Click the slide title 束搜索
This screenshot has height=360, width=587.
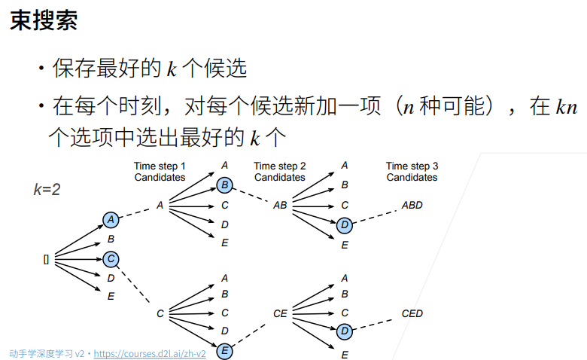pyautogui.click(x=44, y=20)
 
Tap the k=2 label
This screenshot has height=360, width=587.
pyautogui.click(x=47, y=190)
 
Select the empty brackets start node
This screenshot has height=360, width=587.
pyautogui.click(x=46, y=260)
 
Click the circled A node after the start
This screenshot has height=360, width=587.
pyautogui.click(x=111, y=220)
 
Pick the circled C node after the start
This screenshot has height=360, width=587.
pyautogui.click(x=111, y=259)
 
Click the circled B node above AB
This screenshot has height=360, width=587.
pyautogui.click(x=224, y=185)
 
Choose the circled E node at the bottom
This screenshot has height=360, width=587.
pyautogui.click(x=224, y=351)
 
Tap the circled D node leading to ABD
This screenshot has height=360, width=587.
pyautogui.click(x=345, y=225)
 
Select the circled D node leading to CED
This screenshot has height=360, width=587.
pyautogui.click(x=345, y=331)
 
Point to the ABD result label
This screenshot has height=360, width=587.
pyautogui.click(x=412, y=206)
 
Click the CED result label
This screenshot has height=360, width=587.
pyautogui.click(x=412, y=313)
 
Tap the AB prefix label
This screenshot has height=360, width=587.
pyautogui.click(x=280, y=206)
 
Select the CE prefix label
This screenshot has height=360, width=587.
pyautogui.click(x=280, y=313)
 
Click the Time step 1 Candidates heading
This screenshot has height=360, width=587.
pyautogui.click(x=160, y=172)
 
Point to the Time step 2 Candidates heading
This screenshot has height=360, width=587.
pyautogui.click(x=280, y=172)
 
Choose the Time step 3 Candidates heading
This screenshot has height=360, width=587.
pyautogui.click(x=412, y=172)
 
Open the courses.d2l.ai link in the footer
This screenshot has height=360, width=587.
pyautogui.click(x=150, y=354)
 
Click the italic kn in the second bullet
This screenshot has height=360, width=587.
pyautogui.click(x=567, y=108)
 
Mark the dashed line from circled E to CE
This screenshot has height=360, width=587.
pyautogui.click(x=248, y=335)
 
